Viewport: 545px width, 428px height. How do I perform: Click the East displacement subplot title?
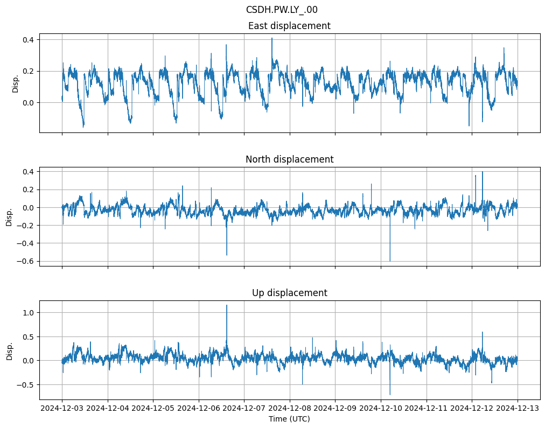point(289,26)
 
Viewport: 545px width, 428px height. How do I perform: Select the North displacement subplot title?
point(289,159)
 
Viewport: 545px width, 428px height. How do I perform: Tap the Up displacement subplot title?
point(289,293)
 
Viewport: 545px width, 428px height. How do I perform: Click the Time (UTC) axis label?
point(289,419)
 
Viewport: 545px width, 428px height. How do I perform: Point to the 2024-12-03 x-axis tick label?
point(62,409)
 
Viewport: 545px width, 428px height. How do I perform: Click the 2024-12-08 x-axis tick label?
point(290,409)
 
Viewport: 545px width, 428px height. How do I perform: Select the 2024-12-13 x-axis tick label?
point(518,409)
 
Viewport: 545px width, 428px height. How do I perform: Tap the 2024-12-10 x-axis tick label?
point(381,409)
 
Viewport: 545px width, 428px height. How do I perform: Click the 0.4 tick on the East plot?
point(27,40)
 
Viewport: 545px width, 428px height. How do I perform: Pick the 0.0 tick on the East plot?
point(27,102)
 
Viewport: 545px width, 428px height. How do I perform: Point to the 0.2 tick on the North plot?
point(27,190)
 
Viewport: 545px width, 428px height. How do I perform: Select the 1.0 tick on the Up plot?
point(27,313)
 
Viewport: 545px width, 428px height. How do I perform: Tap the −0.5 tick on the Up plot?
point(25,384)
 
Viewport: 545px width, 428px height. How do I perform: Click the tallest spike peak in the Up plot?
point(227,305)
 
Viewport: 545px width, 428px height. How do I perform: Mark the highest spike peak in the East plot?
point(272,38)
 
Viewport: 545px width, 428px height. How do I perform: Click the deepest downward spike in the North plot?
point(390,261)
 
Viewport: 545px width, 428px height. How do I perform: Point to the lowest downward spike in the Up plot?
point(390,395)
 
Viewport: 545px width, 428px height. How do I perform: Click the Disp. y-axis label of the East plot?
point(16,83)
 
